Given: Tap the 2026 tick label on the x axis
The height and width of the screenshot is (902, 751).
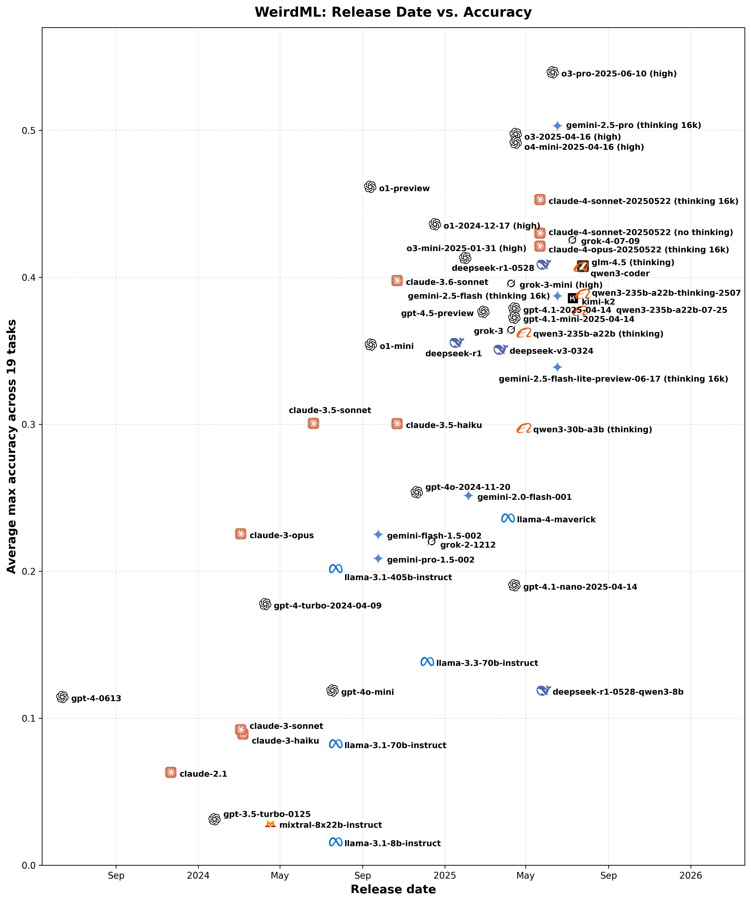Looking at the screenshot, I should click(690, 875).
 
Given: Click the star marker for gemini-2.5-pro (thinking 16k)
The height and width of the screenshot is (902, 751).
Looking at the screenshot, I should click(557, 125).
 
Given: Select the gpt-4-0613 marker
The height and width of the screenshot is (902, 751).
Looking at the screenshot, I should click(62, 697).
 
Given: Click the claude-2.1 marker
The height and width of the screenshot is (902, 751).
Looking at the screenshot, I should click(171, 772).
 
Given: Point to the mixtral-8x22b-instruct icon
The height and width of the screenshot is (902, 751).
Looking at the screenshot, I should click(270, 823).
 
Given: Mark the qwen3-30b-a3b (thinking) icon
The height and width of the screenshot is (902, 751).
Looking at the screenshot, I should click(524, 428).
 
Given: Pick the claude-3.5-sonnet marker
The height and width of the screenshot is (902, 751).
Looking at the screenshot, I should click(313, 424).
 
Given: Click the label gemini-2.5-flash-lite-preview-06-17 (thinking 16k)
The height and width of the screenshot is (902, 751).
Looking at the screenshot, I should click(613, 379).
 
